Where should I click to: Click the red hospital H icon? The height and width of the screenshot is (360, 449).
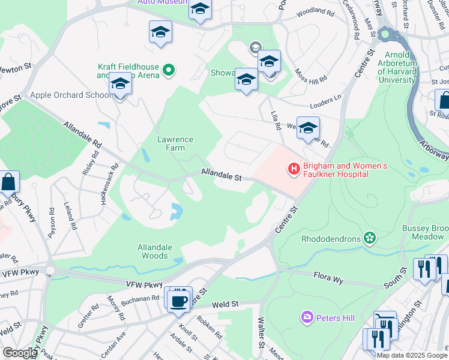294,170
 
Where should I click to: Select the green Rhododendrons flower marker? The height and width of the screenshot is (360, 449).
370,239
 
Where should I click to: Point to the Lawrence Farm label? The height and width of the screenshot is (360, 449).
175,143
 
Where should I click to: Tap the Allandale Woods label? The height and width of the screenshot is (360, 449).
155,251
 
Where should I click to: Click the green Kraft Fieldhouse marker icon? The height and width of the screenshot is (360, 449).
169,70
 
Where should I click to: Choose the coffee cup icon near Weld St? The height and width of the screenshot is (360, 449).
179,300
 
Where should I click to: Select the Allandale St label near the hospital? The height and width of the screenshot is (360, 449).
221,175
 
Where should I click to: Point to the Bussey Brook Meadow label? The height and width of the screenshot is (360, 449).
427,233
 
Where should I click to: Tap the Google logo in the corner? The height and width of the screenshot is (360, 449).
20,353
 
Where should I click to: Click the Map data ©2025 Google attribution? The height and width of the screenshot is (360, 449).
412,355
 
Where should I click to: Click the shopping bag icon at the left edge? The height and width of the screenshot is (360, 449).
9,182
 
